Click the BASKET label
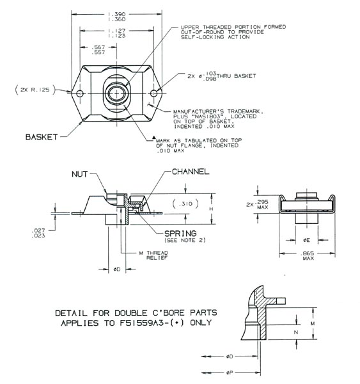tap(42, 136)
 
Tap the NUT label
tap(81, 173)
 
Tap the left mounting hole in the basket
tap(80, 94)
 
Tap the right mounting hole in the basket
tap(153, 94)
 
